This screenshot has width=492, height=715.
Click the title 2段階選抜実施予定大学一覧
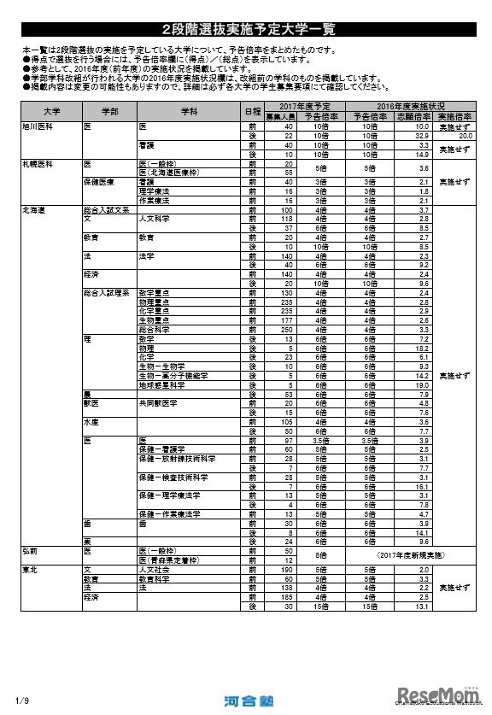pyautogui.click(x=246, y=29)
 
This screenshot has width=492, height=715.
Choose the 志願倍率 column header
pyautogui.click(x=413, y=115)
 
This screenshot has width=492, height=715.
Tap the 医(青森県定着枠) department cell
pyautogui.click(x=168, y=560)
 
